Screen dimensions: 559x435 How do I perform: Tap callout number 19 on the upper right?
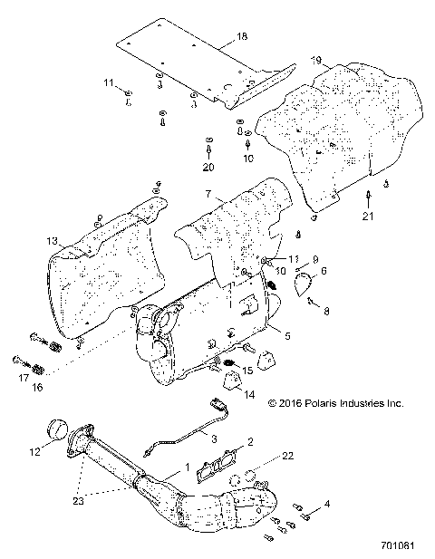[315, 61]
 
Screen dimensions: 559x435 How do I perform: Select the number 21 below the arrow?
[367, 217]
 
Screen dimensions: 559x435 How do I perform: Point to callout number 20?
[208, 167]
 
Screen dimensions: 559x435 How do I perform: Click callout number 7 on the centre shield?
[208, 195]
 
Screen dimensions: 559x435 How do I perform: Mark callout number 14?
[248, 394]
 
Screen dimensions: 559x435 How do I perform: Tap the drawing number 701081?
[402, 547]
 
